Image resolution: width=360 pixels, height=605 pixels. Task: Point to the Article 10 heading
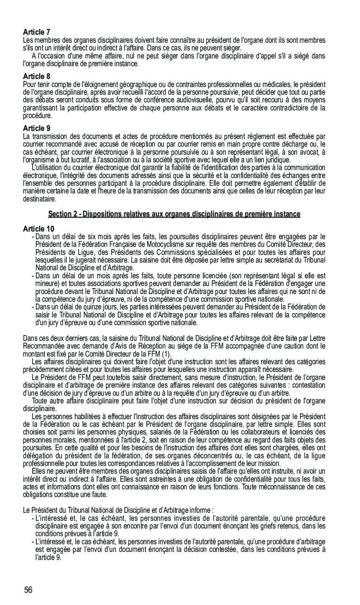[39, 229]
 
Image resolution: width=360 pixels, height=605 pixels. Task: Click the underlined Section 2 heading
[174, 214]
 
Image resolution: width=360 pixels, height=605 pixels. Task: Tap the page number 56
[28, 590]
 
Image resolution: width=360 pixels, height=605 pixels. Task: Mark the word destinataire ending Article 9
[40, 199]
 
